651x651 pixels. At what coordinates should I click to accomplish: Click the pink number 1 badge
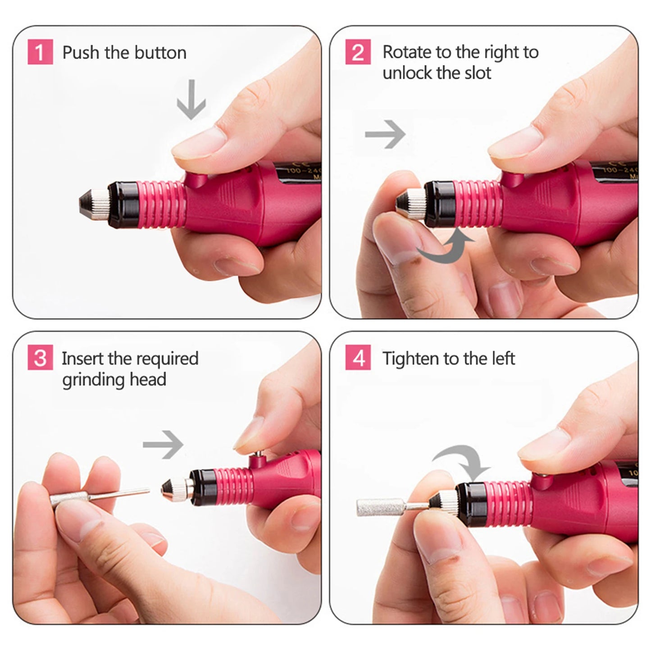point(40,52)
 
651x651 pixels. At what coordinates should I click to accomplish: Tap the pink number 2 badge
point(358,52)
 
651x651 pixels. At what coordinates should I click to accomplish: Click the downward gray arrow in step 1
point(191,100)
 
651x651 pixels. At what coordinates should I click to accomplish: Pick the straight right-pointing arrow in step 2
point(385,134)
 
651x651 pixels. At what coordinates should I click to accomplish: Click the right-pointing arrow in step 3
point(163,445)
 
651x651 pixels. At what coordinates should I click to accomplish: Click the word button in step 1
point(160,53)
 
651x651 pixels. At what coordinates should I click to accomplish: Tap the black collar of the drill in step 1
point(122,205)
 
